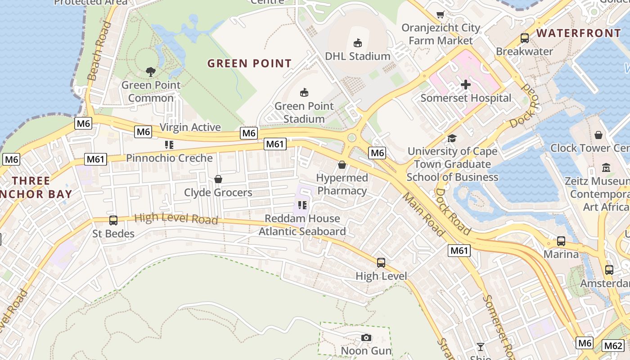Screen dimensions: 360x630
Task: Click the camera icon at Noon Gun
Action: point(366,337)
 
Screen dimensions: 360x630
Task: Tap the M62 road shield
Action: point(613,346)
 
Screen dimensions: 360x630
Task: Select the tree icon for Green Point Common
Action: point(151,72)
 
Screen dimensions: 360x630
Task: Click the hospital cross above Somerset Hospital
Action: point(466,84)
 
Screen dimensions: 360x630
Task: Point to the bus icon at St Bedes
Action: point(113,220)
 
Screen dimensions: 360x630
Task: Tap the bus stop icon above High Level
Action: point(381,262)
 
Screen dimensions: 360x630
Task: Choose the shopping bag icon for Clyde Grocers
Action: point(218,179)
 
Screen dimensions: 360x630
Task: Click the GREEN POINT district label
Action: point(249,63)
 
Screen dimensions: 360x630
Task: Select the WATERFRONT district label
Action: point(579,33)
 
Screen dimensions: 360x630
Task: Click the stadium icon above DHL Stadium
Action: point(358,43)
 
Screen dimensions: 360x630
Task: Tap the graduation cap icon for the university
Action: point(452,138)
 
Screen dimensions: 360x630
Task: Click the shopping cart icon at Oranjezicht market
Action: point(441,14)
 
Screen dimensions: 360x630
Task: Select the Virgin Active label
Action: point(190,127)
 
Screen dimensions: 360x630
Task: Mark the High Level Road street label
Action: point(176,219)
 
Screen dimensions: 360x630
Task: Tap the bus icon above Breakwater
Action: point(524,38)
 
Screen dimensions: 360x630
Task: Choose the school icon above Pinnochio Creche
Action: point(169,145)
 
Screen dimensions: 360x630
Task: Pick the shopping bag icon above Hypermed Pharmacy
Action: point(342,165)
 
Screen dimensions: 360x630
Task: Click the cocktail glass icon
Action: point(481,346)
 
